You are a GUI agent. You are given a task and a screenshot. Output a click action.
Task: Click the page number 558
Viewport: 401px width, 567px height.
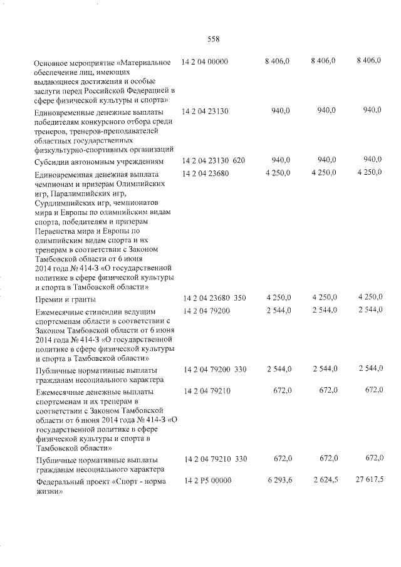coord(213,39)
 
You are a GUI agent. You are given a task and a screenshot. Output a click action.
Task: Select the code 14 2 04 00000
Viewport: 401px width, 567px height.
coord(205,61)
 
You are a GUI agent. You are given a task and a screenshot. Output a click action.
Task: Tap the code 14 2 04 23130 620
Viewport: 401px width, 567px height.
coord(214,161)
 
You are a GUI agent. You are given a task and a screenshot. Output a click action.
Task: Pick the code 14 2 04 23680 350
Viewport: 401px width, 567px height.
coord(214,297)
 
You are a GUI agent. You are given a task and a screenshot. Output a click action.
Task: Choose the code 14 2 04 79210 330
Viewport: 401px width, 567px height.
coord(215,459)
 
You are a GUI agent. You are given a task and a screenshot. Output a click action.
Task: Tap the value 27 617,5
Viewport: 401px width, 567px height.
coord(368,481)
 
